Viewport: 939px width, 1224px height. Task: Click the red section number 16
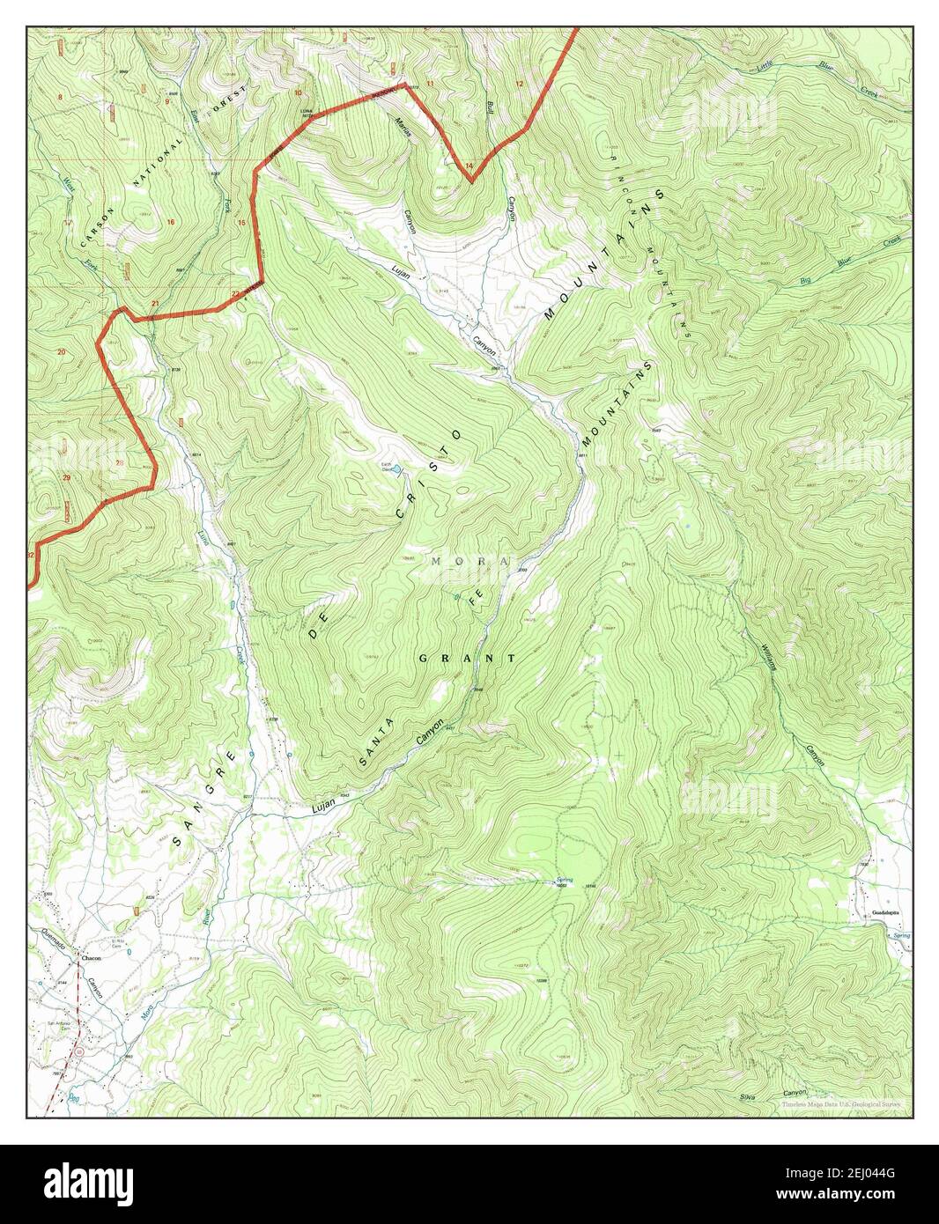pyautogui.click(x=170, y=222)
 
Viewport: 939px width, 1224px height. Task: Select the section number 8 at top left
pyautogui.click(x=60, y=95)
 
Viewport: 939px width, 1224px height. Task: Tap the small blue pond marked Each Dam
pyautogui.click(x=397, y=468)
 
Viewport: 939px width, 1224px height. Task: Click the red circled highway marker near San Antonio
pyautogui.click(x=80, y=1051)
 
